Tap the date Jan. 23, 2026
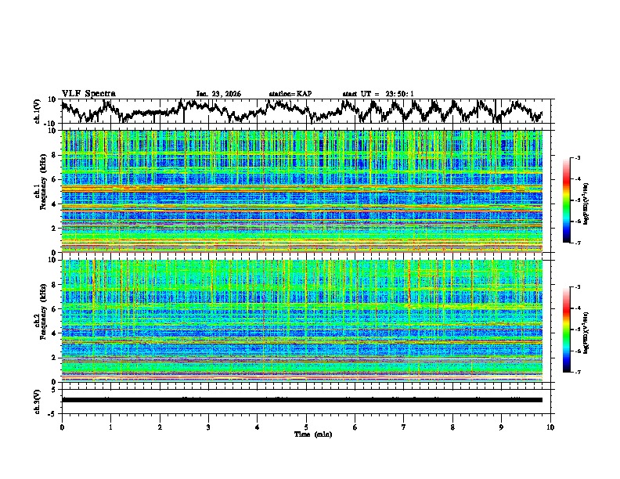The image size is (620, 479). click(x=218, y=94)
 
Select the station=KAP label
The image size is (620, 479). click(x=290, y=94)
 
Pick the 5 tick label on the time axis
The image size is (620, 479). click(x=306, y=427)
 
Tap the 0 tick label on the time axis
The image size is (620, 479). click(x=62, y=427)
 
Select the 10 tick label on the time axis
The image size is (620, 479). click(x=550, y=427)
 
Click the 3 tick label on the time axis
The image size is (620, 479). click(x=208, y=427)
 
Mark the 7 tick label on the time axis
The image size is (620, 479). click(x=404, y=427)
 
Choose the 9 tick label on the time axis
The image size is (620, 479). click(x=502, y=427)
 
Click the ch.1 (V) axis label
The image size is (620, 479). click(x=38, y=110)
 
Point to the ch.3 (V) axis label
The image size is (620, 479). click(x=38, y=399)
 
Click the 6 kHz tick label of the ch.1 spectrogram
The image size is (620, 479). click(x=54, y=179)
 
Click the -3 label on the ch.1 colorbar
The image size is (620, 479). click(x=577, y=159)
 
